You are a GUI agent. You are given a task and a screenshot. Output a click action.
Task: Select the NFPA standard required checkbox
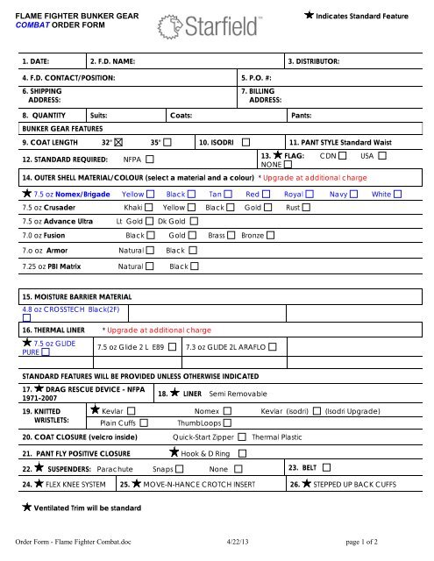coord(150,160)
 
